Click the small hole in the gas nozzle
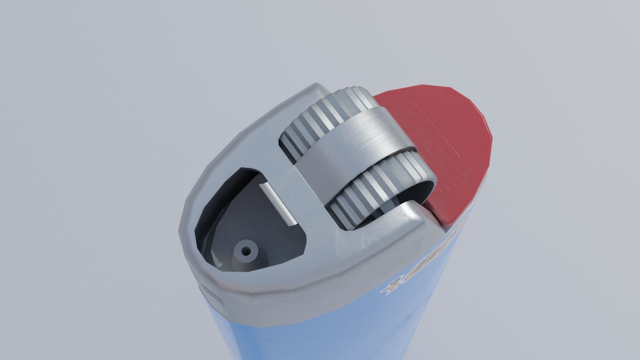(x=246, y=250)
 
